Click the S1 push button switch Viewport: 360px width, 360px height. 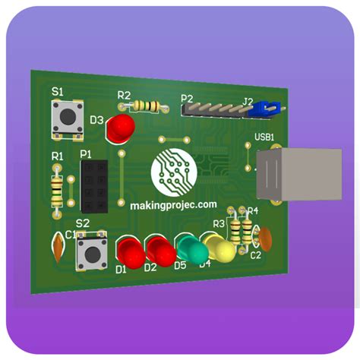[67, 118]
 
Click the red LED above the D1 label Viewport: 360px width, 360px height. [130, 251]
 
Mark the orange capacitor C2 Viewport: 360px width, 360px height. [264, 238]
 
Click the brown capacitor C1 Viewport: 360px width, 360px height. [58, 245]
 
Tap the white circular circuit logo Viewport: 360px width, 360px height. [174, 171]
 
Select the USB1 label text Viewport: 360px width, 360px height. [264, 137]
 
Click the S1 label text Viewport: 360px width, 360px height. [57, 90]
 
